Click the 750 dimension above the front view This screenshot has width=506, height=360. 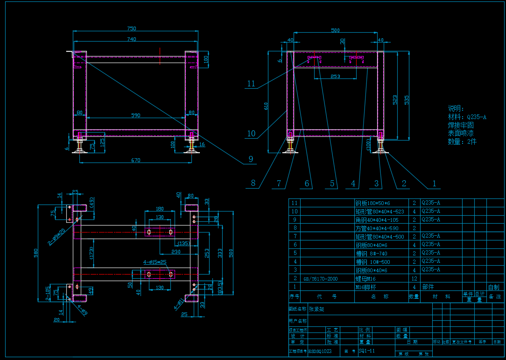point(132,29)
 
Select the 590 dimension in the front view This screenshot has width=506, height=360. point(135,115)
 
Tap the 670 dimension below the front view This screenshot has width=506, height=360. point(135,160)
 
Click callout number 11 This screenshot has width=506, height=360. point(251,84)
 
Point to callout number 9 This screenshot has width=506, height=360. point(251,159)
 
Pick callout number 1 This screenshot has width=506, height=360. point(434,184)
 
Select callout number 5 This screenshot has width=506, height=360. point(332,184)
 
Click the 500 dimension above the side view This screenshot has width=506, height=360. point(335,30)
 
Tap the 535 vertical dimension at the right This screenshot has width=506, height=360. point(407,99)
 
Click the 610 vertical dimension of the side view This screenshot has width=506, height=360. point(266,106)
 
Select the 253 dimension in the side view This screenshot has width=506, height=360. point(335,76)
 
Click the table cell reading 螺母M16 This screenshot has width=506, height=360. point(365,279)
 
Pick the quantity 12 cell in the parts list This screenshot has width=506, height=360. point(414,279)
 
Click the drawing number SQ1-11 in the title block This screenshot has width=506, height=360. point(366,351)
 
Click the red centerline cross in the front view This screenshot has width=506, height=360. point(160,55)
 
